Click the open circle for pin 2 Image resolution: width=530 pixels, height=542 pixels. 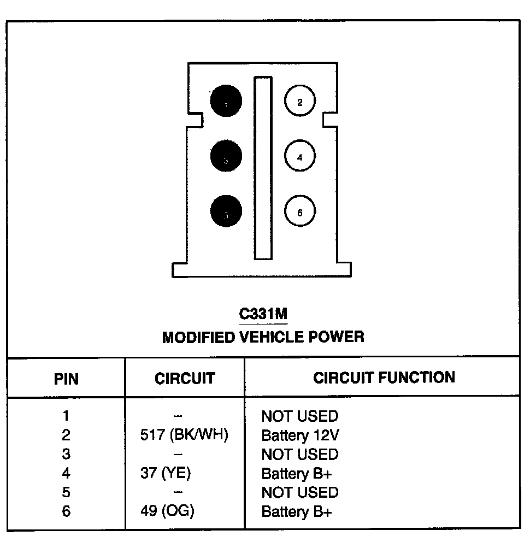pos(299,102)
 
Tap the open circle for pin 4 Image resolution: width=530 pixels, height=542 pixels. pos(299,157)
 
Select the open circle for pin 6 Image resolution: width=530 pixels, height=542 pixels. pos(299,213)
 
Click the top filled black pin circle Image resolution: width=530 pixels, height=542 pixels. pos(226,101)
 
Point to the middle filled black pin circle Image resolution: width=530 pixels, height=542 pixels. pos(226,157)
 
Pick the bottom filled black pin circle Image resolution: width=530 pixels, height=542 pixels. pos(226,212)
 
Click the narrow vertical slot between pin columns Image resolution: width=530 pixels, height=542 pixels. pos(262,168)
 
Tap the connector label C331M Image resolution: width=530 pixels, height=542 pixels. pos(263,314)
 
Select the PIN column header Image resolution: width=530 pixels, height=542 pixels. pos(66,379)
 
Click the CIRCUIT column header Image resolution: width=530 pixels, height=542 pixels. pos(185,378)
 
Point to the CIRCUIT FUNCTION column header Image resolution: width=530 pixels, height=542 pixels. pos(384,377)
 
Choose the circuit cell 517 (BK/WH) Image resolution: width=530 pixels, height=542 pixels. pos(184,436)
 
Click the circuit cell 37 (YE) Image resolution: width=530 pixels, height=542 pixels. pos(166,473)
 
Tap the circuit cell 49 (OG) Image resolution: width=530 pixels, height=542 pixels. pos(167,511)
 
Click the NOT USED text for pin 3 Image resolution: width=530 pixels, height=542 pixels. pos(300,455)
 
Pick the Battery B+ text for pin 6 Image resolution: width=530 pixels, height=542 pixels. pos(297,511)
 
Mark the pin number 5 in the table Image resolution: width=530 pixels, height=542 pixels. pos(66,492)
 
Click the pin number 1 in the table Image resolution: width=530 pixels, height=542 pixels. pos(66,416)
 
